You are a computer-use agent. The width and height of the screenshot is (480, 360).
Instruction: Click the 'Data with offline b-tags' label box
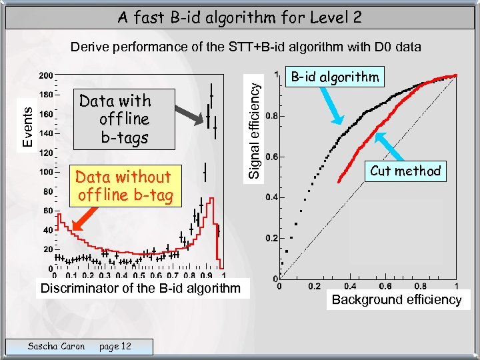[x=115, y=119]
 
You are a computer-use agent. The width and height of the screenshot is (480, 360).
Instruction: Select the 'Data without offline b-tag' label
[x=125, y=186]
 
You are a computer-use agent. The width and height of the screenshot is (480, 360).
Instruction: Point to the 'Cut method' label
[x=405, y=171]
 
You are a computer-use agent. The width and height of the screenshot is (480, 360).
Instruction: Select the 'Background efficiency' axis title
[x=397, y=300]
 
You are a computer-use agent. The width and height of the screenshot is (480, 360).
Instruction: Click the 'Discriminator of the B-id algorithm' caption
[x=140, y=289]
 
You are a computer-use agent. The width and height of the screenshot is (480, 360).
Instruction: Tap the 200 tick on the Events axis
[x=46, y=75]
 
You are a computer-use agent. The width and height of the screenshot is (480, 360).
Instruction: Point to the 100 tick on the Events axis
[x=46, y=172]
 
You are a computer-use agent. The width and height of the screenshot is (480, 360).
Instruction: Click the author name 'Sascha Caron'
[x=56, y=346]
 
